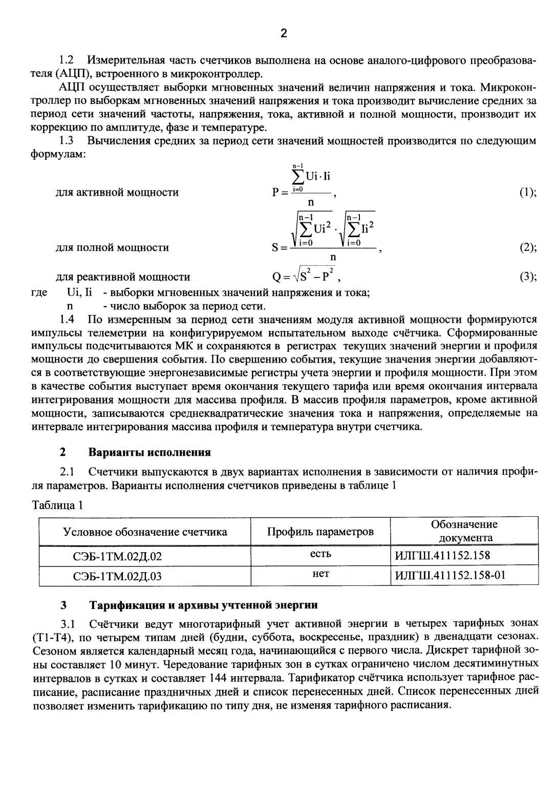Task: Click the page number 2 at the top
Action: (284, 34)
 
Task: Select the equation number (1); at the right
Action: (527, 193)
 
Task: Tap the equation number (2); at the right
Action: (527, 248)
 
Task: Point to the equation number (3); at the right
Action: (527, 277)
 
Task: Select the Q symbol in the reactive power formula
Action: (276, 278)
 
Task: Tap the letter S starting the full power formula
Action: (275, 248)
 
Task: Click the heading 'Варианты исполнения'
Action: (149, 452)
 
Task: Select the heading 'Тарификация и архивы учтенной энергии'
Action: (204, 605)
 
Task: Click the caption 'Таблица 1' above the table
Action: (57, 506)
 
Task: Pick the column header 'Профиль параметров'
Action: (320, 532)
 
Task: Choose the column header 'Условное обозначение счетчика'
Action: (145, 532)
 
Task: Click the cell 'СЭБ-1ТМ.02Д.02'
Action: (118, 556)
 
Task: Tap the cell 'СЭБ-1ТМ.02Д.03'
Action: (118, 576)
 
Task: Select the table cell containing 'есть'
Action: (320, 554)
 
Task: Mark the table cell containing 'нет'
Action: (320, 574)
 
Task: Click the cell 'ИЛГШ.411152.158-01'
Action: (450, 575)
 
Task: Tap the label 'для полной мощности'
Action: (112, 248)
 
